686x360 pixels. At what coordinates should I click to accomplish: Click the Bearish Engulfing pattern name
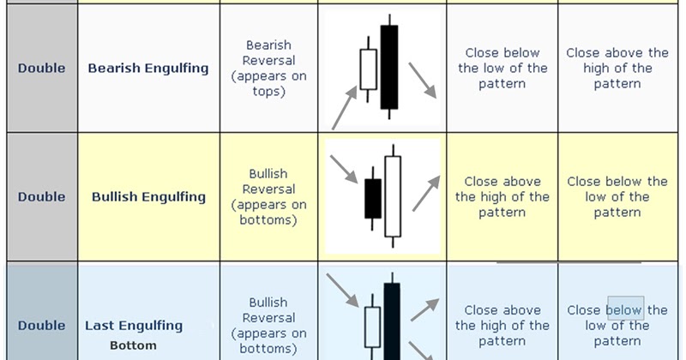pos(148,69)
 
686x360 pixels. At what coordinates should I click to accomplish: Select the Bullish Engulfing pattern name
pos(148,197)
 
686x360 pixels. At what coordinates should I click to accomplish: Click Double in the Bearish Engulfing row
pos(41,69)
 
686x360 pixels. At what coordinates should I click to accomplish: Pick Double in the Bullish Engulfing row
pos(41,197)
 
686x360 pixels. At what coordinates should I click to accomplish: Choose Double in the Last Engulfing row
pos(41,326)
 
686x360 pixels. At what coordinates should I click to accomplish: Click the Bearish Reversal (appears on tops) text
pos(268,69)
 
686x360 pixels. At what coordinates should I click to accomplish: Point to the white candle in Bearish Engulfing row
pos(369,69)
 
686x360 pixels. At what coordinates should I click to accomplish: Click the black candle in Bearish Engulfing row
pos(390,67)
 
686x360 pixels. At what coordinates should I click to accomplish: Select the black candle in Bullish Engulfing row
pos(373,198)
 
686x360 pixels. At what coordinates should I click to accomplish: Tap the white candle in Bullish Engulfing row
pos(394,195)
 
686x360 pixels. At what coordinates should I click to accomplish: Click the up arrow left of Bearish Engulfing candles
pos(343,107)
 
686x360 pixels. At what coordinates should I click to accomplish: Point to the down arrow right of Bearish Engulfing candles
pos(422,80)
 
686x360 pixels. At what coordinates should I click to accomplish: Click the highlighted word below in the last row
pos(625,309)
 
